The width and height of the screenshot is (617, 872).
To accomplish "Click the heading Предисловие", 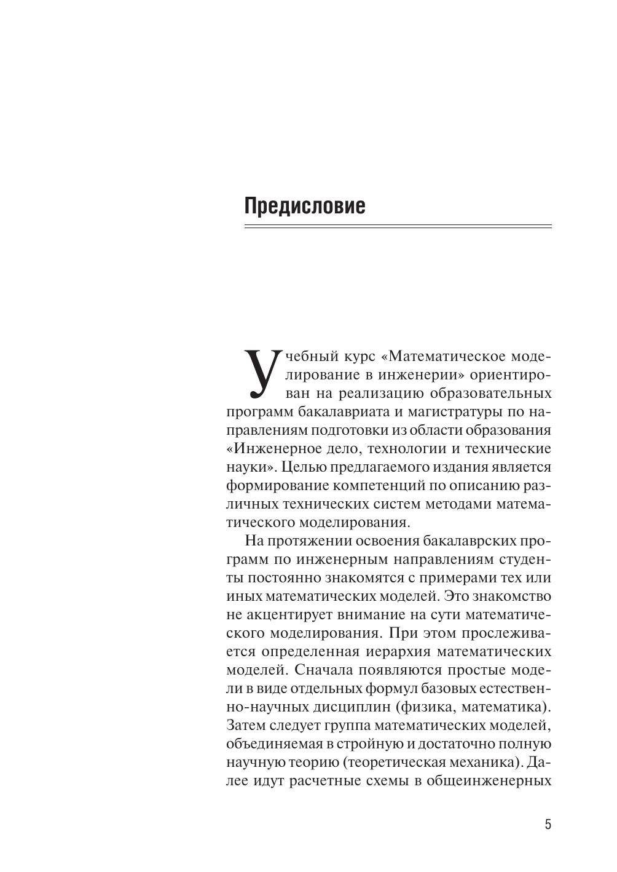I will [305, 205].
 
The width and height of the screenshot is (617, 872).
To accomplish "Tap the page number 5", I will [548, 825].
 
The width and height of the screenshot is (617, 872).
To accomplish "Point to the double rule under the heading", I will [398, 227].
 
